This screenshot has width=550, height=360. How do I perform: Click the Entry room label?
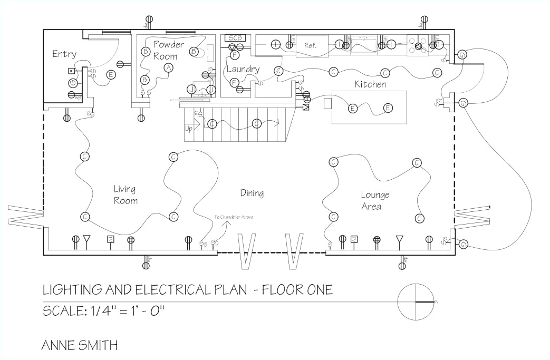pyautogui.click(x=64, y=54)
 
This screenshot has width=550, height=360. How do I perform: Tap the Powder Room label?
pyautogui.click(x=168, y=50)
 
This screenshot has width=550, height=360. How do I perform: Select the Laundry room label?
pyautogui.click(x=243, y=69)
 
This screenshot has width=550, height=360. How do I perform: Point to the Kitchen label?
pyautogui.click(x=370, y=84)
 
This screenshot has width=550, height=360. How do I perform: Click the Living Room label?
pyautogui.click(x=126, y=194)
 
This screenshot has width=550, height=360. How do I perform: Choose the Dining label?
pyautogui.click(x=252, y=193)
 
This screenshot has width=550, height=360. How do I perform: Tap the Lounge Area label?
pyautogui.click(x=375, y=200)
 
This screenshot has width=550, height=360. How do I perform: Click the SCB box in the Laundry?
pyautogui.click(x=234, y=38)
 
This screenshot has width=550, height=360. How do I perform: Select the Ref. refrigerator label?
pyautogui.click(x=311, y=45)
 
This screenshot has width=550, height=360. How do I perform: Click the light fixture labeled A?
pyautogui.click(x=168, y=67)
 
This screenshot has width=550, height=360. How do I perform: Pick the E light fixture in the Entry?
pyautogui.click(x=111, y=75)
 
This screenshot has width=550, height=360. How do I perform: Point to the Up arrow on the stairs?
pyautogui.click(x=189, y=128)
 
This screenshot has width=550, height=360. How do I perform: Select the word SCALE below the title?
pyautogui.click(x=61, y=310)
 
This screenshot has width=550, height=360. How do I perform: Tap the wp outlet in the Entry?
pyautogui.click(x=72, y=95)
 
